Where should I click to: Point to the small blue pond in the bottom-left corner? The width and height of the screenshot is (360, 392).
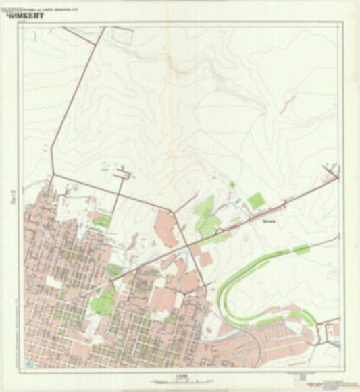[28, 365]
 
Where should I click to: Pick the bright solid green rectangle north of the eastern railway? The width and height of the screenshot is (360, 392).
[255, 200]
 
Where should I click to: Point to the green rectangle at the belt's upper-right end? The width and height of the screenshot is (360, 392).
[301, 250]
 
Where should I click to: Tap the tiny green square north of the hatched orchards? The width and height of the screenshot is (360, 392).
[232, 184]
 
